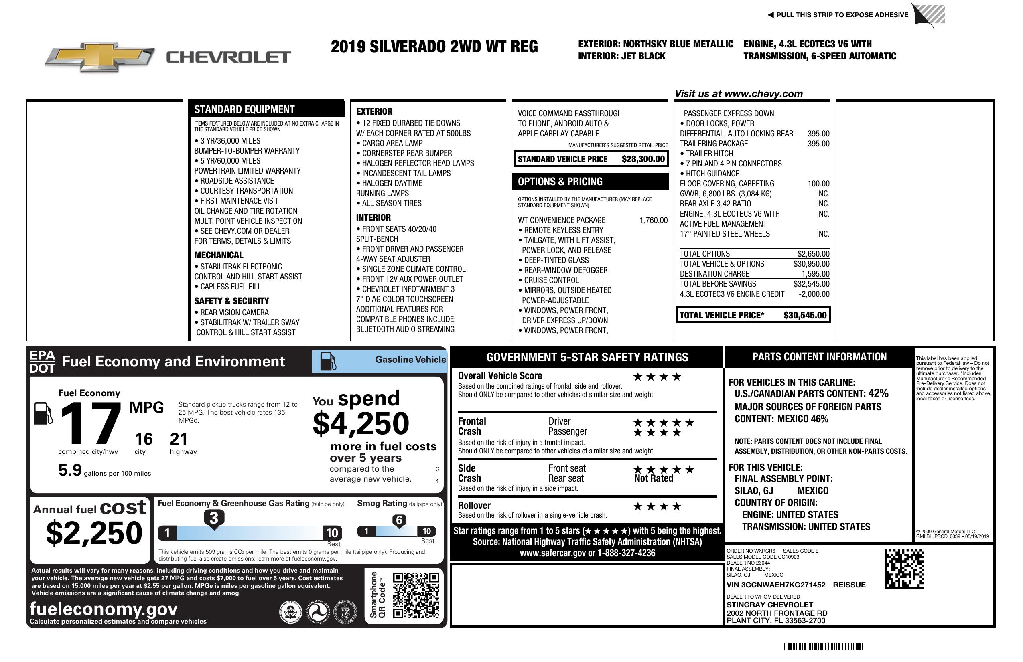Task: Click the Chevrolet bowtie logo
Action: (x=100, y=57)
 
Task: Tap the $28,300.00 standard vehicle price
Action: (x=643, y=159)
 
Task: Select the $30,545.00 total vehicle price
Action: (x=805, y=315)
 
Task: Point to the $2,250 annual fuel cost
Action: (x=94, y=533)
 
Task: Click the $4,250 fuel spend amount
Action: (x=361, y=423)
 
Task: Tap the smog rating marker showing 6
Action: (x=399, y=520)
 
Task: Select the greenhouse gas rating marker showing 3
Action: (x=213, y=518)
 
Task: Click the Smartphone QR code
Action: (x=416, y=595)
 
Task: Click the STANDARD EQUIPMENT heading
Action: (x=244, y=109)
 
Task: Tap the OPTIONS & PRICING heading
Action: (x=560, y=182)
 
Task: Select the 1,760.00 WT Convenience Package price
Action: (x=654, y=221)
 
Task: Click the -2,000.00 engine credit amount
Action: (x=814, y=294)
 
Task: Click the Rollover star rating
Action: (x=657, y=506)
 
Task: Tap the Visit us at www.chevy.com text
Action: (x=739, y=94)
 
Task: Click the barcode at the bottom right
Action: (x=823, y=646)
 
